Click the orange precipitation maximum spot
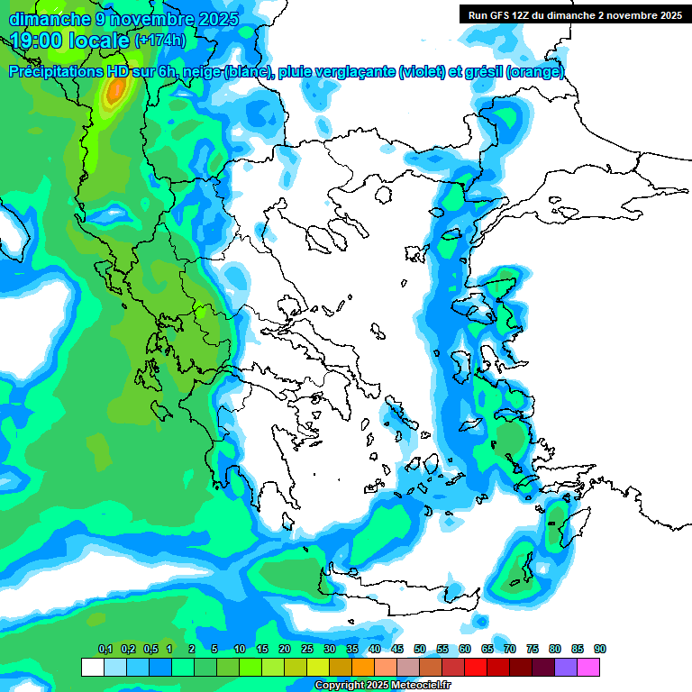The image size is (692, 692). pos(116,89)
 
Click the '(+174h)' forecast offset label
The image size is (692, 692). pos(160,41)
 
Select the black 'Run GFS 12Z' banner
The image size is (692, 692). pos(574,14)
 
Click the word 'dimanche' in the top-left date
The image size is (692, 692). pos(47,18)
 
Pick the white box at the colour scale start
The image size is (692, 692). pos(92,668)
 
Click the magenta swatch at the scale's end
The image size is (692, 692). pos(588,668)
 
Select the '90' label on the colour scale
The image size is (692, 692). pos(599,650)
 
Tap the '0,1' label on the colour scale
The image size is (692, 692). pos(105,650)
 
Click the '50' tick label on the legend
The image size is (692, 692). pos(420,650)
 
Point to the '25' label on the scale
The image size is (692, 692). pos(307,650)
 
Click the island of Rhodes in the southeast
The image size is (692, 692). pos(556,524)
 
